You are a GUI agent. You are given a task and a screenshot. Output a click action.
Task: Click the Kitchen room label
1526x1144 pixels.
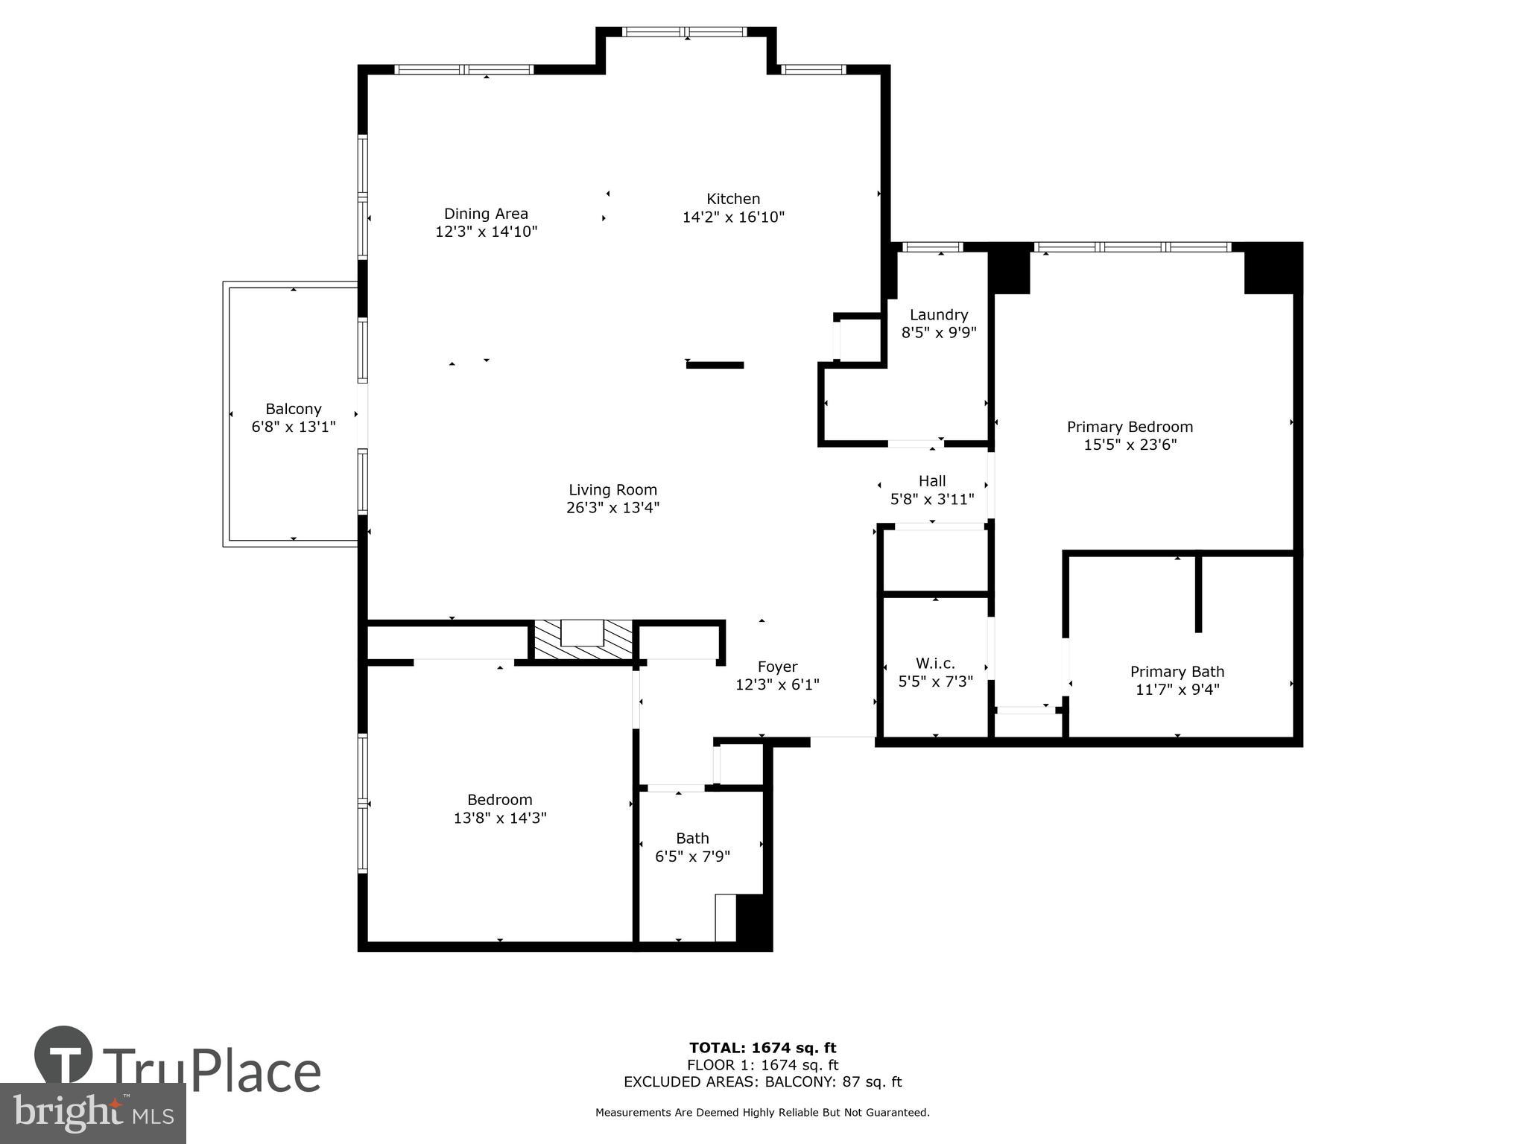click(733, 199)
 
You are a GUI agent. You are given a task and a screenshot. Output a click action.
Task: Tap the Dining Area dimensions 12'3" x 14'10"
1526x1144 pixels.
click(486, 232)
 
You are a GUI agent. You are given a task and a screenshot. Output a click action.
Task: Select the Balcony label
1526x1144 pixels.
click(294, 409)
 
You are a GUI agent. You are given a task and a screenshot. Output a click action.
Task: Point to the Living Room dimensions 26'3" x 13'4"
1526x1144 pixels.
click(612, 508)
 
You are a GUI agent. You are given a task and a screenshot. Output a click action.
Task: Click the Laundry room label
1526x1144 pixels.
click(938, 315)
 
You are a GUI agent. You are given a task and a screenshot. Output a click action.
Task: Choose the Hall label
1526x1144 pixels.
click(932, 481)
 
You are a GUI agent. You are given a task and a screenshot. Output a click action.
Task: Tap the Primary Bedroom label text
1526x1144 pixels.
click(1130, 427)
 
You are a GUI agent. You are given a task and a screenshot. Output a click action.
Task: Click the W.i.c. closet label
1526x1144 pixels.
click(935, 663)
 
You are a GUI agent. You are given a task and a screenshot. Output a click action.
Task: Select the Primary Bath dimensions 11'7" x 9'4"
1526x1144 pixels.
click(1177, 690)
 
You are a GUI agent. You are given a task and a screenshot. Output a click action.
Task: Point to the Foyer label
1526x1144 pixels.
click(777, 667)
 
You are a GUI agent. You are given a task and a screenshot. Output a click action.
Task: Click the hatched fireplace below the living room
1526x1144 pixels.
click(583, 640)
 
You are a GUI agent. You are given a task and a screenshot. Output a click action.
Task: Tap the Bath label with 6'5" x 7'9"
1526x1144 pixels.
click(692, 839)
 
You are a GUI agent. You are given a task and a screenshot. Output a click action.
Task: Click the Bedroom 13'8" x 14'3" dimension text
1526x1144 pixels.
click(500, 818)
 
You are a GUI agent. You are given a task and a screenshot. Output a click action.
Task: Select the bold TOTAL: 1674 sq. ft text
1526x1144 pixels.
click(762, 1048)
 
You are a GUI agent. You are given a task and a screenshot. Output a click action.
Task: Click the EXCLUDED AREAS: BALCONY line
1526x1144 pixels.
click(762, 1082)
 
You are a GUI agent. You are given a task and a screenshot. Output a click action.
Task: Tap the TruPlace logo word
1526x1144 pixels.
click(212, 1071)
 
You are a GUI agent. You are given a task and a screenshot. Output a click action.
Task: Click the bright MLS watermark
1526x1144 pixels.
click(93, 1114)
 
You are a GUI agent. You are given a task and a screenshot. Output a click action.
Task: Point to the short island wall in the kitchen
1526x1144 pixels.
click(715, 365)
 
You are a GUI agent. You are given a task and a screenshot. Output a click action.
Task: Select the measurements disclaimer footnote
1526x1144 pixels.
click(762, 1113)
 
